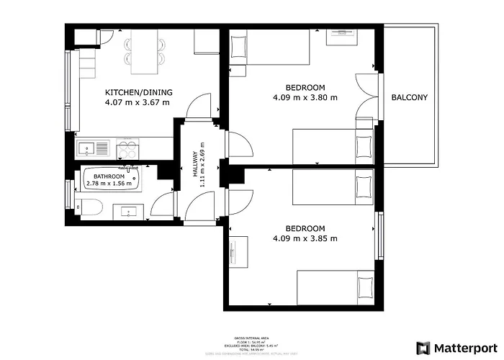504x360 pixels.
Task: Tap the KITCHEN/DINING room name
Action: click(x=138, y=92)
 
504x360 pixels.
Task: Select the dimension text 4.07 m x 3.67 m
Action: click(x=138, y=102)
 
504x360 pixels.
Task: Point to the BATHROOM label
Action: click(x=109, y=176)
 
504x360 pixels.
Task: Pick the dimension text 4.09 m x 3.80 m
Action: click(x=305, y=97)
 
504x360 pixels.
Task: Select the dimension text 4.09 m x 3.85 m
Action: click(x=305, y=238)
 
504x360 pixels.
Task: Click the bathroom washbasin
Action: click(x=131, y=211)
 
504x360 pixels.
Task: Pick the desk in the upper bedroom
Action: click(x=339, y=37)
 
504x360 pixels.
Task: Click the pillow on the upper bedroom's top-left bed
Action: click(x=239, y=47)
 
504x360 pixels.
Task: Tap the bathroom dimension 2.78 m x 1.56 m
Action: click(x=109, y=184)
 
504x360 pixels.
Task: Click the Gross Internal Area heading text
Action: click(x=251, y=337)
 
